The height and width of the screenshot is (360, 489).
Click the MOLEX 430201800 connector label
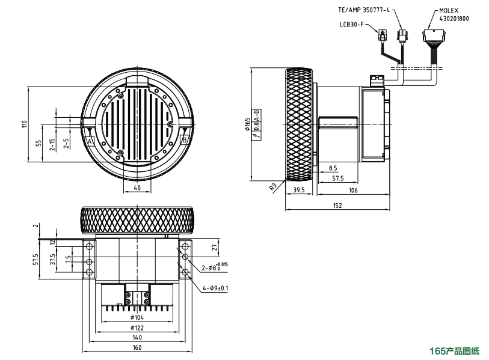point(455,15)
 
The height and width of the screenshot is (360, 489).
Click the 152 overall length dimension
point(337,206)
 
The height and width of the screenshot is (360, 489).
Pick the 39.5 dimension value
point(299,191)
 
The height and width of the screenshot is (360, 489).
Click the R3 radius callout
point(273,187)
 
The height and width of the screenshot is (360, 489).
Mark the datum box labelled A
point(90,141)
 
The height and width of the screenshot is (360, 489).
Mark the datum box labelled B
point(184,139)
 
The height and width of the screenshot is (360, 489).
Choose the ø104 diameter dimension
point(137,317)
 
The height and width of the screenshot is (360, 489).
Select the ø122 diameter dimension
point(137,328)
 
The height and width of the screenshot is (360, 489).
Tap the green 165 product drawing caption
point(454,351)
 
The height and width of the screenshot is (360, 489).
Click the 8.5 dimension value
point(333,168)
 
